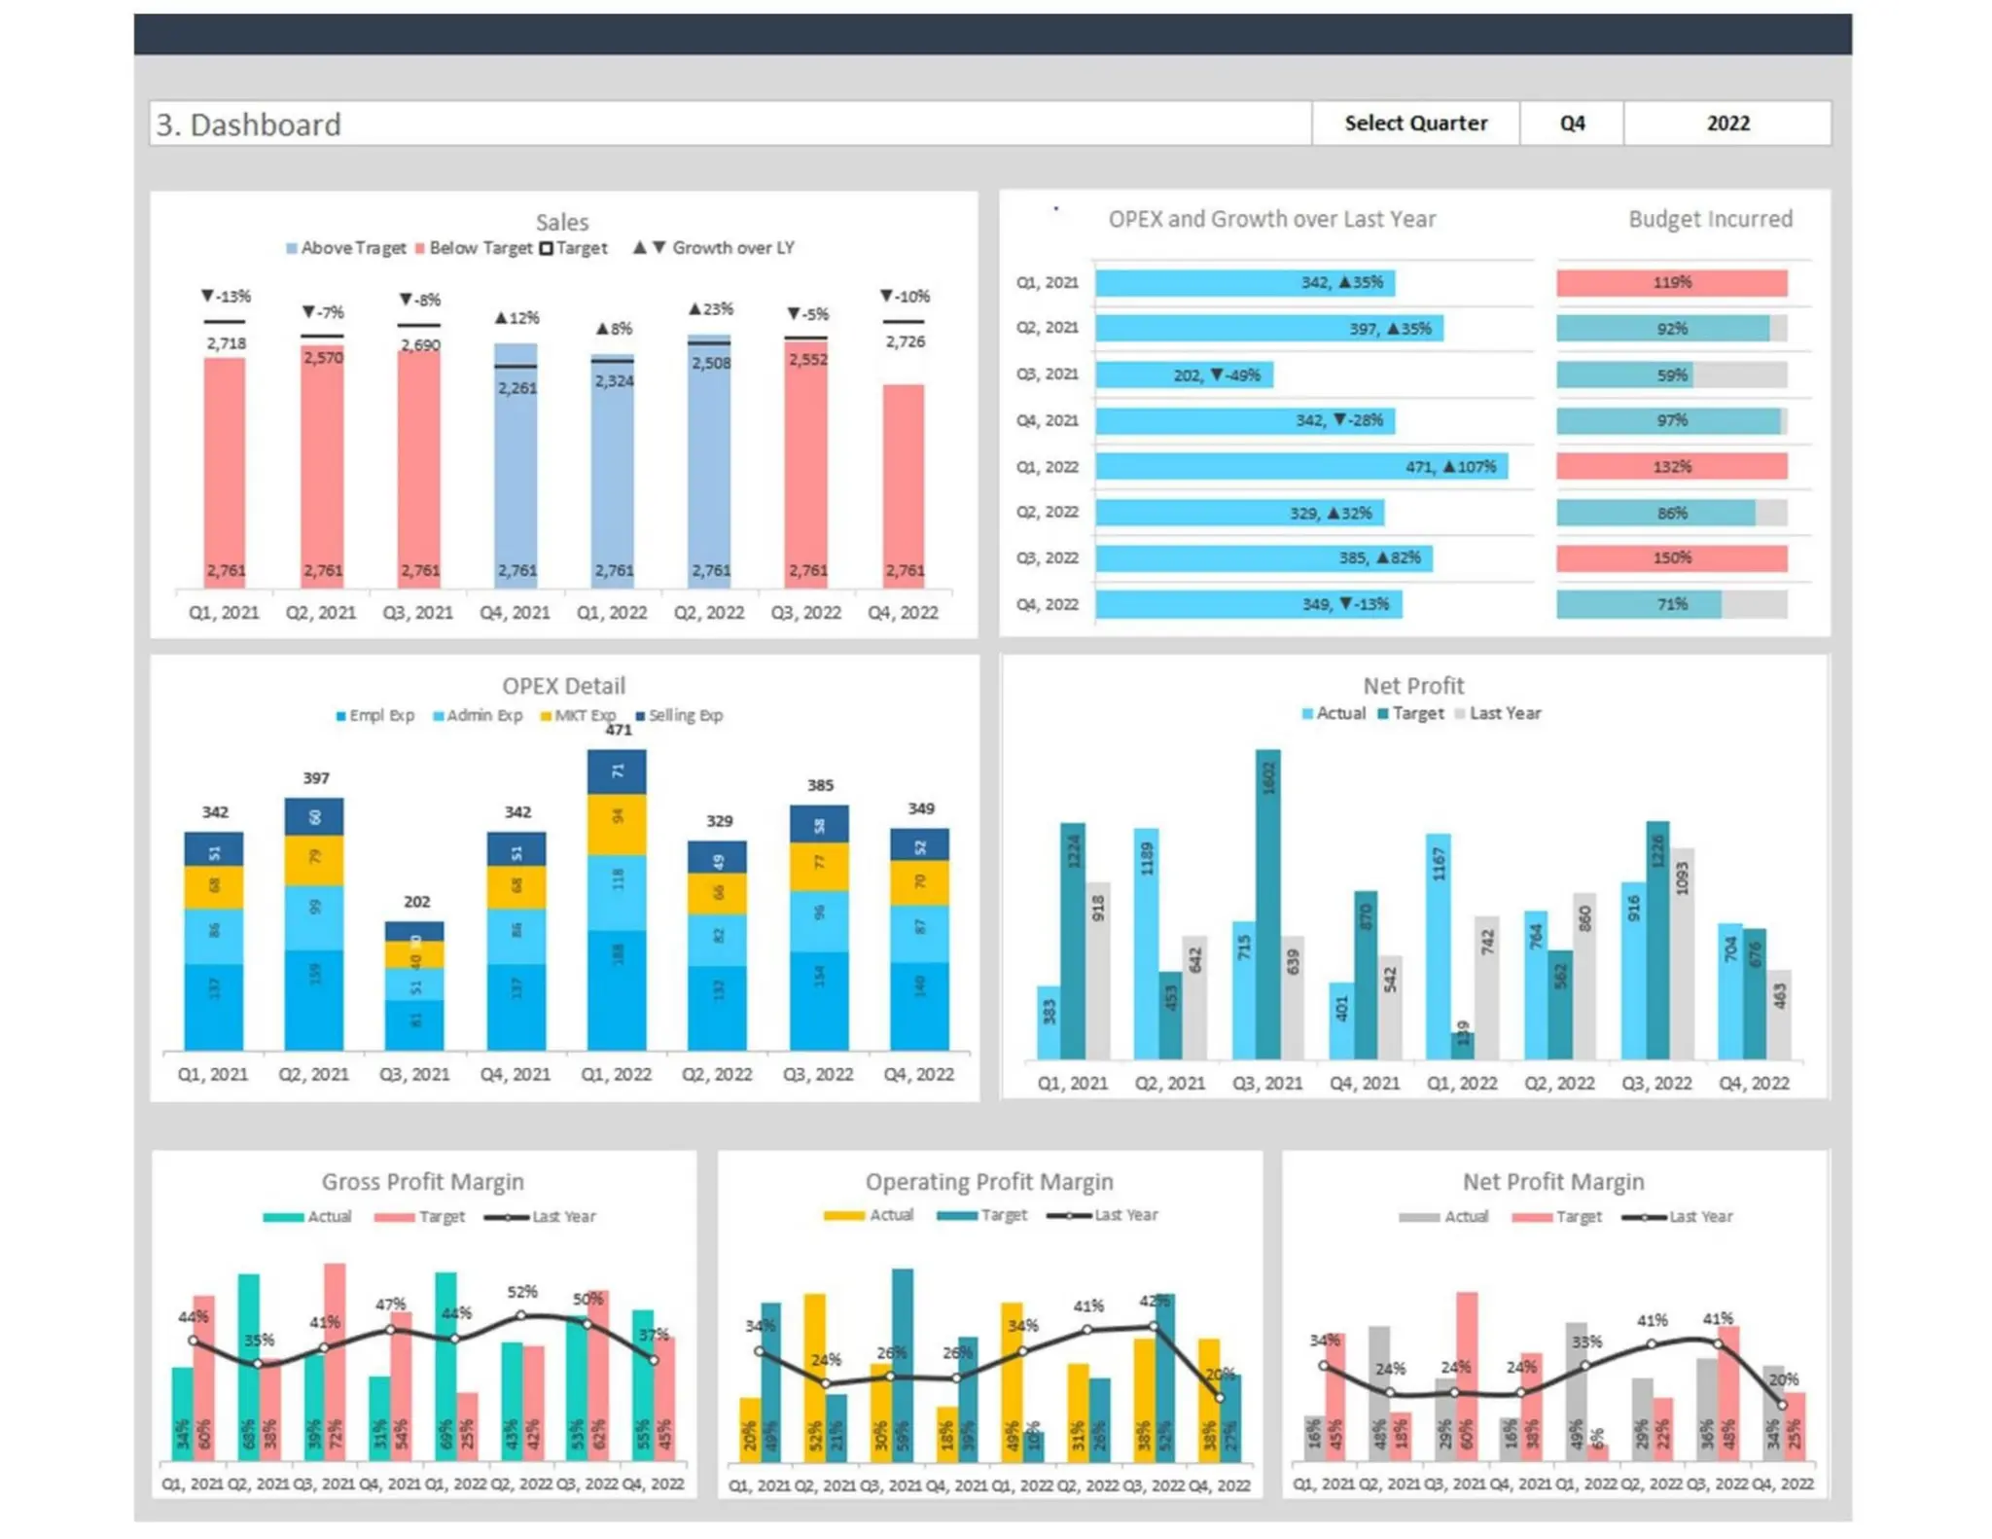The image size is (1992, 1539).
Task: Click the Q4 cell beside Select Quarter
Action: click(1571, 124)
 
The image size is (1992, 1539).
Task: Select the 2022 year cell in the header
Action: click(1726, 124)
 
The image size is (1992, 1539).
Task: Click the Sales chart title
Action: click(561, 222)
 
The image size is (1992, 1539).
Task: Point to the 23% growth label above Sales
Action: click(710, 308)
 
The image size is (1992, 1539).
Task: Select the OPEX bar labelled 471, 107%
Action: click(1300, 466)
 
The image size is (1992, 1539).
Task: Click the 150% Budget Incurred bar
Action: click(1670, 557)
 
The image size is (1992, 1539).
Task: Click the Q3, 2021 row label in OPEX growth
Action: click(1047, 375)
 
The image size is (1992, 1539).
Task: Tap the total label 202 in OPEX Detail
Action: click(416, 902)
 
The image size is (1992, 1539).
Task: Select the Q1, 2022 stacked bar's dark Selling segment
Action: click(617, 771)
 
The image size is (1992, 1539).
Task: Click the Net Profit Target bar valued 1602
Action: click(1267, 905)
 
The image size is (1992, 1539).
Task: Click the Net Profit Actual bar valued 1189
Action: click(1146, 944)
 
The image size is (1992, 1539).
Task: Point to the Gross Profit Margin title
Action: click(422, 1181)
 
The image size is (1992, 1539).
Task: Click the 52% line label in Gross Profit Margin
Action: click(521, 1292)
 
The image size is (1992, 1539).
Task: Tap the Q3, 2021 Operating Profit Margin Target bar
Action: click(902, 1362)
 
